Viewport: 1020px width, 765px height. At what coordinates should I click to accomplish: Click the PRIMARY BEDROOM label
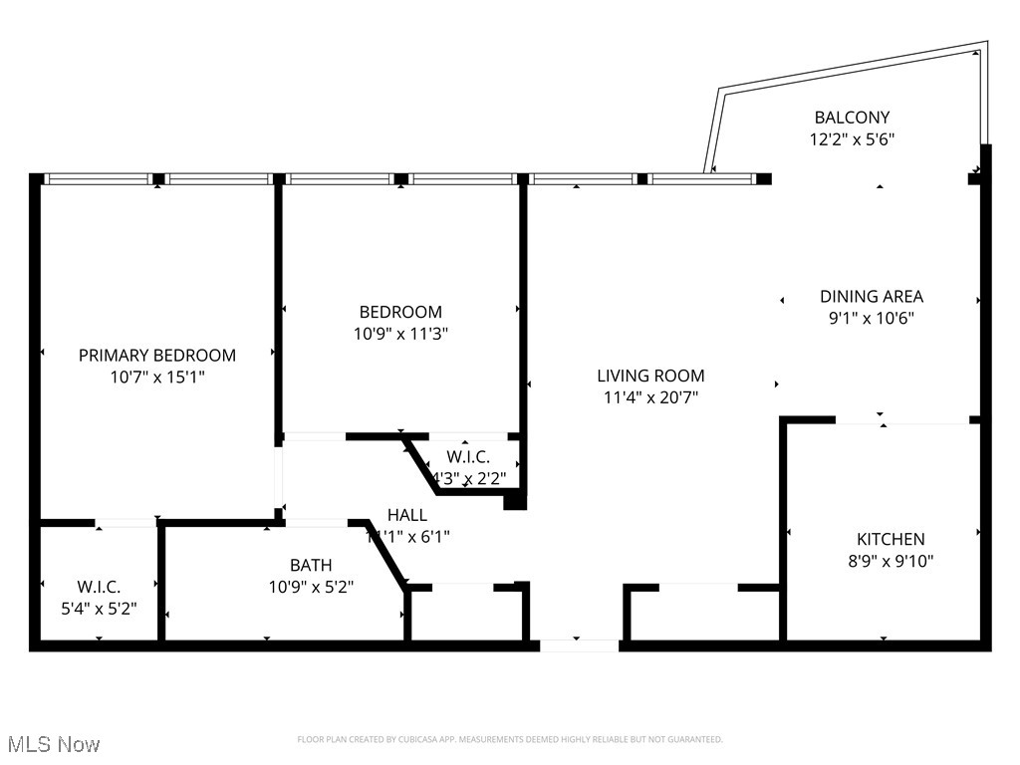(x=157, y=356)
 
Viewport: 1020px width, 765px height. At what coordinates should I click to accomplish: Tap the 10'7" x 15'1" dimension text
(x=157, y=378)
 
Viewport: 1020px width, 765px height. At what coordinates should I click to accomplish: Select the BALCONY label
(x=852, y=118)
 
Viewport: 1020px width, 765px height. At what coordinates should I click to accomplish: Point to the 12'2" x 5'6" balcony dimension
(x=852, y=140)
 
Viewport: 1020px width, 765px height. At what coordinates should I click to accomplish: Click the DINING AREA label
(x=872, y=296)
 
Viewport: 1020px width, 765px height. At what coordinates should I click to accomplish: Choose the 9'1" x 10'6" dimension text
(x=872, y=319)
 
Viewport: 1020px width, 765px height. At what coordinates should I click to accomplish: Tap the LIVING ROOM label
(x=650, y=376)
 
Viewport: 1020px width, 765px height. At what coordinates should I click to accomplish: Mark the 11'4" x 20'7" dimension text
(x=650, y=397)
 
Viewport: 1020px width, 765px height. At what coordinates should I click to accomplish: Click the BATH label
(x=311, y=565)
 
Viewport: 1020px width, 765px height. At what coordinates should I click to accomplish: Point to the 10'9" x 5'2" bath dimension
(x=311, y=587)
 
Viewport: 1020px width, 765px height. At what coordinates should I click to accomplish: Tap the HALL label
(x=407, y=515)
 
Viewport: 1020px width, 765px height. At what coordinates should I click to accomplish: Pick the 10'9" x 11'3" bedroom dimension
(x=400, y=335)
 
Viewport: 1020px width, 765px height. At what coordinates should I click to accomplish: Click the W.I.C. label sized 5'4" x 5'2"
(x=99, y=587)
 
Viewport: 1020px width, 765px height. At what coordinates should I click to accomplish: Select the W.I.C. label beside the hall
(x=467, y=456)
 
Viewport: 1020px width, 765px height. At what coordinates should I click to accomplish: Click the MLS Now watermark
(x=53, y=744)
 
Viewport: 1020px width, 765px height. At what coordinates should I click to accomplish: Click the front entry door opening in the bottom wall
(x=579, y=645)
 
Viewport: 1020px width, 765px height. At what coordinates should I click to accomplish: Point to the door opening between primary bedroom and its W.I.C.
(x=126, y=522)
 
